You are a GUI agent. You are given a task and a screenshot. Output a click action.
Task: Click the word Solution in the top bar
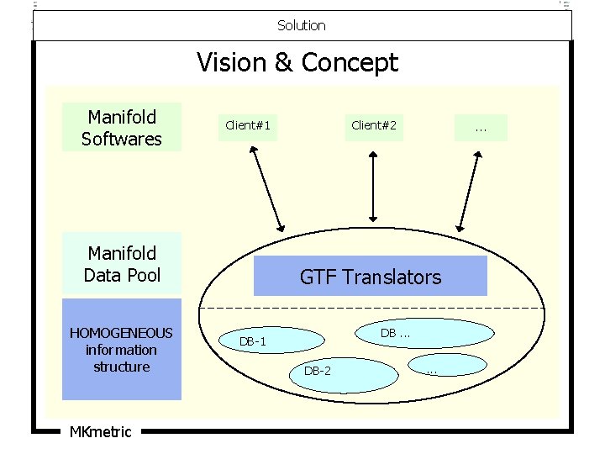click(x=302, y=25)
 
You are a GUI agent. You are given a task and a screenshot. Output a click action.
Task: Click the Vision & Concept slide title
click(x=297, y=62)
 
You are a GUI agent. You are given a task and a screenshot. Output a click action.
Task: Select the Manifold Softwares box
click(x=122, y=127)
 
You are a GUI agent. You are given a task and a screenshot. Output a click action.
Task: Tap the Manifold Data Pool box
click(x=122, y=263)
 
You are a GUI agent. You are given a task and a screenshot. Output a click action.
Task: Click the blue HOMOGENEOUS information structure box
click(x=122, y=349)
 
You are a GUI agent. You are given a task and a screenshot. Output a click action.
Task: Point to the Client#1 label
click(x=247, y=125)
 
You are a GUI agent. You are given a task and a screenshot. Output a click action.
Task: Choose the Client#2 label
click(x=374, y=125)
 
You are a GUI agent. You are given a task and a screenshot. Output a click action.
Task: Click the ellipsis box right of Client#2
click(x=481, y=128)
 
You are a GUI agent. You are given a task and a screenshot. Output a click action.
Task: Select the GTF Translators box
click(x=371, y=277)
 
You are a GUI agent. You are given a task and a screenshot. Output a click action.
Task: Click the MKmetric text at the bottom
click(x=100, y=432)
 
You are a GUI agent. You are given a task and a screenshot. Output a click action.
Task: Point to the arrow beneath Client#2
click(x=374, y=190)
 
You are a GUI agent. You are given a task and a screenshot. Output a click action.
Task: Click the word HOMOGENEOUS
click(x=122, y=333)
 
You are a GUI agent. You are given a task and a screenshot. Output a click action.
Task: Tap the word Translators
click(x=396, y=277)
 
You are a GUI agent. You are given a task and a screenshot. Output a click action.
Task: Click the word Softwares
click(x=122, y=138)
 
